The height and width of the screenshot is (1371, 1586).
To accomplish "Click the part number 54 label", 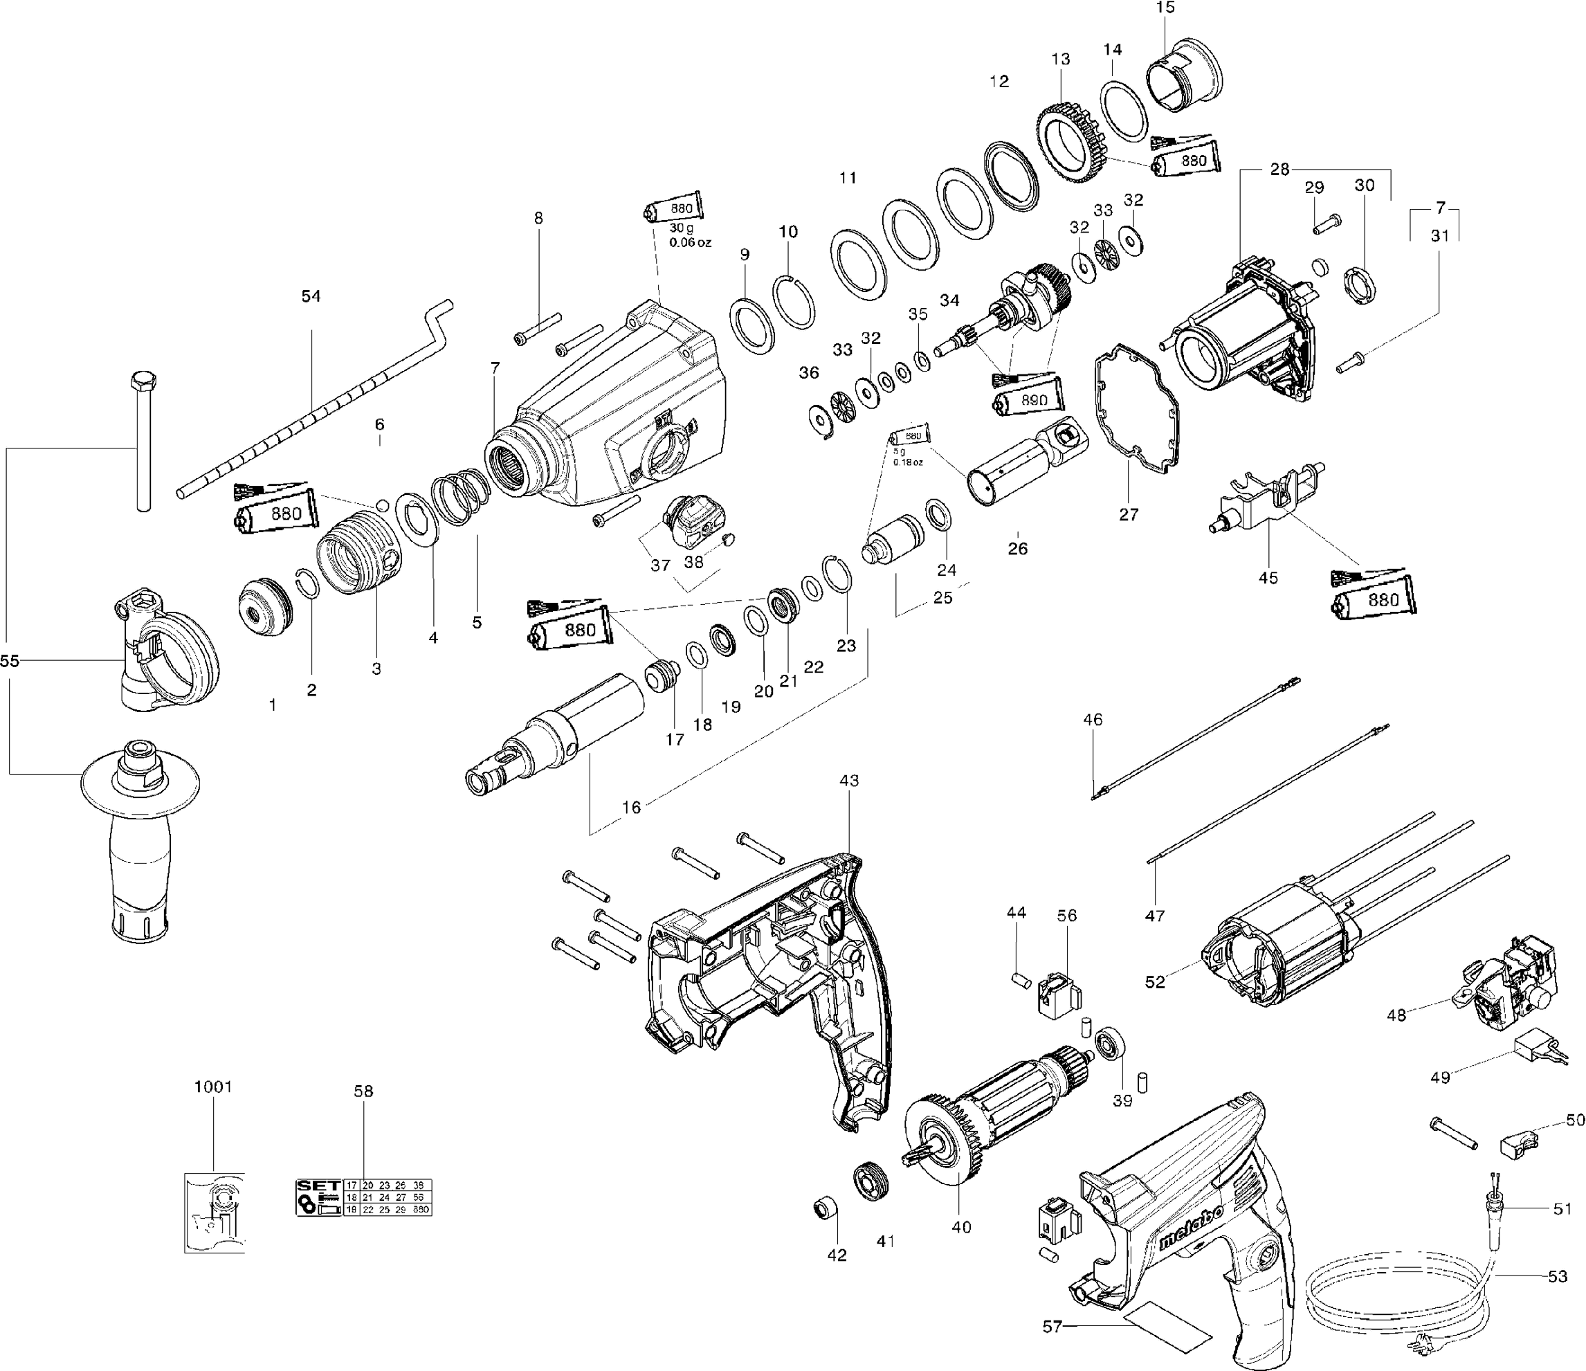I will coord(310,296).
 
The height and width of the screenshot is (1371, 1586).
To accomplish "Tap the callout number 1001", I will coord(213,1087).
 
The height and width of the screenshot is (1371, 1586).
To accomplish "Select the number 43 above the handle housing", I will coord(849,780).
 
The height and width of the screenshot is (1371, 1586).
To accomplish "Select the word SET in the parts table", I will coord(319,1185).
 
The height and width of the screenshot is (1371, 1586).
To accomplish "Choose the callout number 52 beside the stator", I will coord(1154,981).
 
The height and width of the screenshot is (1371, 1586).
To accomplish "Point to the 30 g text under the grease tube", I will coord(680,228).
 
